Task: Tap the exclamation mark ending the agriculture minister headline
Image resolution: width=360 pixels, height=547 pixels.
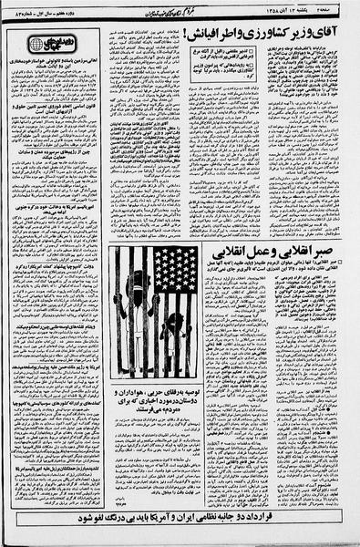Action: (x=196, y=35)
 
